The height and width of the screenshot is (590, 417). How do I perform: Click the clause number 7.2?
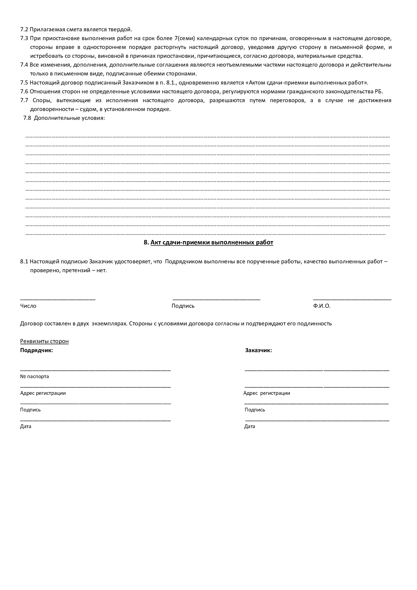[x=24, y=30]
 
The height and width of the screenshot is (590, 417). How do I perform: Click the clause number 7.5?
[x=24, y=83]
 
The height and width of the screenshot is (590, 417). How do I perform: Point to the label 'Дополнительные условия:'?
[x=69, y=118]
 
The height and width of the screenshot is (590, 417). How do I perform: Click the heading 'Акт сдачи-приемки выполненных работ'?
[x=212, y=242]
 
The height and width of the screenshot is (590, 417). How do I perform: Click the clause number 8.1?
[x=24, y=262]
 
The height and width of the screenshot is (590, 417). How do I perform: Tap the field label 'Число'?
[x=28, y=306]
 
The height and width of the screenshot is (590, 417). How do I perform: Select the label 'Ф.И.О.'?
[x=322, y=306]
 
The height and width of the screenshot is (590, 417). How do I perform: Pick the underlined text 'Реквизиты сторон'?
[x=44, y=341]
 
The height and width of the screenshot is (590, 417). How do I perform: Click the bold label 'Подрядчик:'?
[x=37, y=350]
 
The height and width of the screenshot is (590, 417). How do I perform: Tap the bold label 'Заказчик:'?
[x=258, y=350]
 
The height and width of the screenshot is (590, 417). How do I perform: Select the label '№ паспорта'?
[x=34, y=376]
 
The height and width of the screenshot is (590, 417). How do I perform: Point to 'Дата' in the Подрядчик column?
[x=26, y=427]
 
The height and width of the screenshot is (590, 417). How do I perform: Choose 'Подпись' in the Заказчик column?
[x=255, y=410]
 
